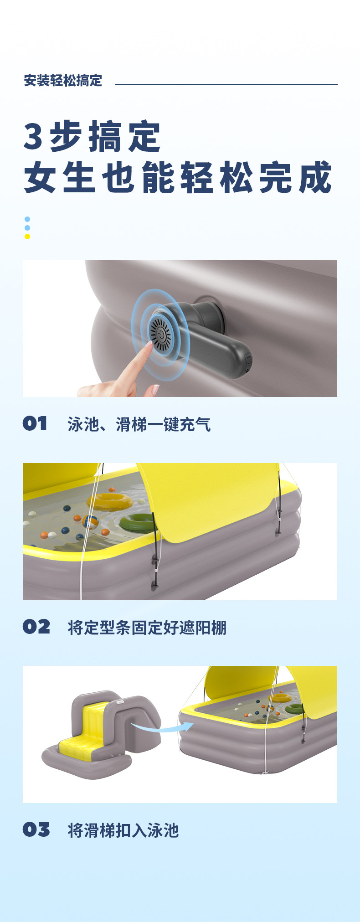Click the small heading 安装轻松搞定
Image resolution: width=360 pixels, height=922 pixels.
pyautogui.click(x=63, y=81)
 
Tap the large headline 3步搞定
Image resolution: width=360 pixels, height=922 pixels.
pyautogui.click(x=92, y=137)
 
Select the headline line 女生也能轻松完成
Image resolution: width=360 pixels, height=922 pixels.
pyautogui.click(x=178, y=177)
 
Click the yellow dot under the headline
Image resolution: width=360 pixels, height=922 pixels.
pyautogui.click(x=27, y=237)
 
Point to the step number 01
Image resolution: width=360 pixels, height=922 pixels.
pyautogui.click(x=35, y=423)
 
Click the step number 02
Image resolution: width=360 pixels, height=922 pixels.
pyautogui.click(x=36, y=627)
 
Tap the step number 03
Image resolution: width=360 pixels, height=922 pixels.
pyautogui.click(x=36, y=829)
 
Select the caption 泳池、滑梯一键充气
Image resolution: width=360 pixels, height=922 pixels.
pyautogui.click(x=139, y=424)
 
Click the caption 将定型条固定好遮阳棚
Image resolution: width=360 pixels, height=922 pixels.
pyautogui.click(x=147, y=628)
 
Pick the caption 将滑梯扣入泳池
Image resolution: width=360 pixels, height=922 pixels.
pyautogui.click(x=123, y=830)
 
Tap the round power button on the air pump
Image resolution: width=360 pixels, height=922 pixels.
pyautogui.click(x=160, y=335)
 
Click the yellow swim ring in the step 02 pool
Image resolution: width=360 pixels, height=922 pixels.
pyautogui.click(x=110, y=501)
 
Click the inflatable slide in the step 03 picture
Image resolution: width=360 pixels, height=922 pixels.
pyautogui.click(x=101, y=735)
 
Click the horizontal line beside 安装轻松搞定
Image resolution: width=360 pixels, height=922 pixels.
pyautogui.click(x=226, y=84)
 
